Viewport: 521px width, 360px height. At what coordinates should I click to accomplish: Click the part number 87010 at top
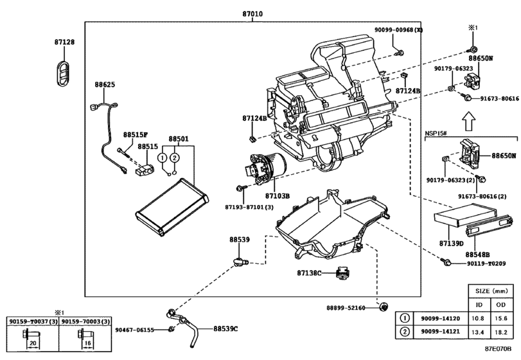point(252,13)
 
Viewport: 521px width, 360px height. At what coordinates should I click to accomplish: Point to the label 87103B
point(278,195)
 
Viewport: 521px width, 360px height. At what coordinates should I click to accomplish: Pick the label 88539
point(240,239)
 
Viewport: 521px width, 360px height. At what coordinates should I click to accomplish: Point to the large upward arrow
point(468,119)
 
